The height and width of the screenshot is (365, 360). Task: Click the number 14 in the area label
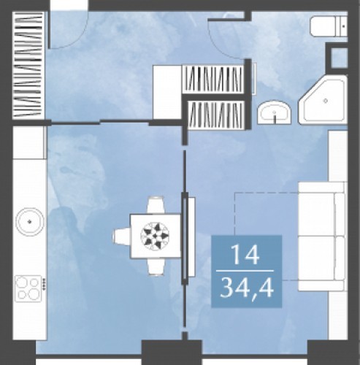tap(245, 255)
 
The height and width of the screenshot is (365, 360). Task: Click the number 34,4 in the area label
tap(247, 288)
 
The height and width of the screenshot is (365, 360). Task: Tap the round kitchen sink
tap(30, 221)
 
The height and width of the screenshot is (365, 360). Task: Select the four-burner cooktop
tap(28, 288)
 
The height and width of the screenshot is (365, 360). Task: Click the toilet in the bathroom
tap(329, 26)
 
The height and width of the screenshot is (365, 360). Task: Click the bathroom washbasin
tap(275, 112)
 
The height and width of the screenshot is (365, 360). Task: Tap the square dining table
tap(156, 236)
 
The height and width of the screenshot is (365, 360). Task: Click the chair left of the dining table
tap(121, 236)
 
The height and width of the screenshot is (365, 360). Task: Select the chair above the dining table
tap(156, 205)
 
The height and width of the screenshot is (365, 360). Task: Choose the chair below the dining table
tap(156, 266)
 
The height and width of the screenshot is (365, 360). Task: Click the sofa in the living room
tap(322, 236)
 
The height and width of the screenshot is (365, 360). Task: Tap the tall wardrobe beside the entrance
tap(28, 65)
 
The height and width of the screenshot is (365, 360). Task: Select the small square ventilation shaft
tap(338, 58)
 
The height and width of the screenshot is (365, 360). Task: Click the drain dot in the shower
tap(326, 101)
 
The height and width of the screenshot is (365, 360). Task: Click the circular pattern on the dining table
tap(155, 236)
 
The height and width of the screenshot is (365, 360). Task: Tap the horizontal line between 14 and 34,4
tap(245, 271)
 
